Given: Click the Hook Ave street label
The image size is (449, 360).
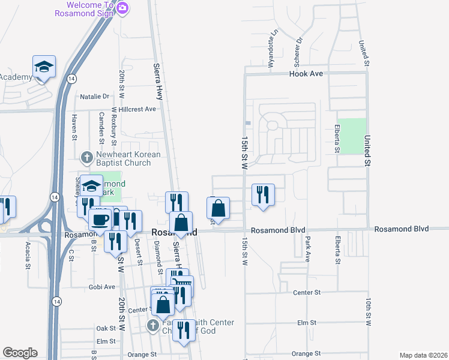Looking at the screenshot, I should coord(306,73).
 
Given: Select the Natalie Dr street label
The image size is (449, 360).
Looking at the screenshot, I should coord(95,96).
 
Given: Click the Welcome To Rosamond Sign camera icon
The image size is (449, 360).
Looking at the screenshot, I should coord(122,7).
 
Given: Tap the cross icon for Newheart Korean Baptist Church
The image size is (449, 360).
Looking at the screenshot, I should coord(87,158).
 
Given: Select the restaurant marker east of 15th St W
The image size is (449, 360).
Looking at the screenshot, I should coord(263,194).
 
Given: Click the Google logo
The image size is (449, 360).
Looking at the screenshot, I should coord(20,353).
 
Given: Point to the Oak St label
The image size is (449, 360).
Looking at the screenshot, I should coord(106,328).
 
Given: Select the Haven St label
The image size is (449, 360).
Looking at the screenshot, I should coord(74,127).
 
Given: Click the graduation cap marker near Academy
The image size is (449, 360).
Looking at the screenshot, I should coord(44,66).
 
